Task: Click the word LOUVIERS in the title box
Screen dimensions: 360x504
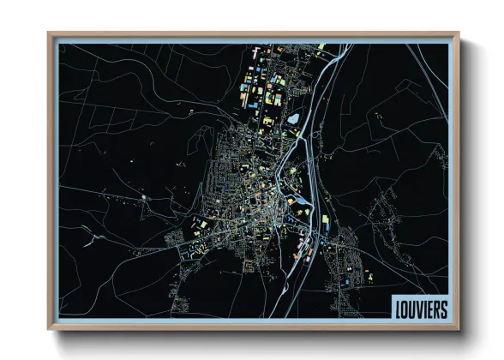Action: tap(420, 309)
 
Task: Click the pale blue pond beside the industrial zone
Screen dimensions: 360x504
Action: tap(293, 118)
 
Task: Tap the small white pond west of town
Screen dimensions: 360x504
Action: tap(143, 197)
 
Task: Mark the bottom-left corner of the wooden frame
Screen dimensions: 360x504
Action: tap(50, 328)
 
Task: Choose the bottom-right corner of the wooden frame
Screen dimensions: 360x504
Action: tap(459, 328)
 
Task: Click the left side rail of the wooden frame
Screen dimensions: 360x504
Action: tap(51, 180)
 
